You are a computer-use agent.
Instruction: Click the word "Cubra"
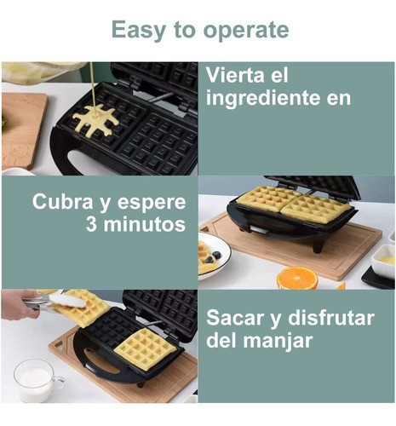(62, 202)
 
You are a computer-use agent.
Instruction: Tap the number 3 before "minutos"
(92, 225)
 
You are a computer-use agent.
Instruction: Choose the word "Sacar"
(234, 318)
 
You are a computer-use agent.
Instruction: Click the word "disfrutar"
(331, 318)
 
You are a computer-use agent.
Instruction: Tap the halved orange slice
(297, 278)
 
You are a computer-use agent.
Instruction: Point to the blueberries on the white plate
(213, 256)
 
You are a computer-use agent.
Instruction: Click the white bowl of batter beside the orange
(384, 261)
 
